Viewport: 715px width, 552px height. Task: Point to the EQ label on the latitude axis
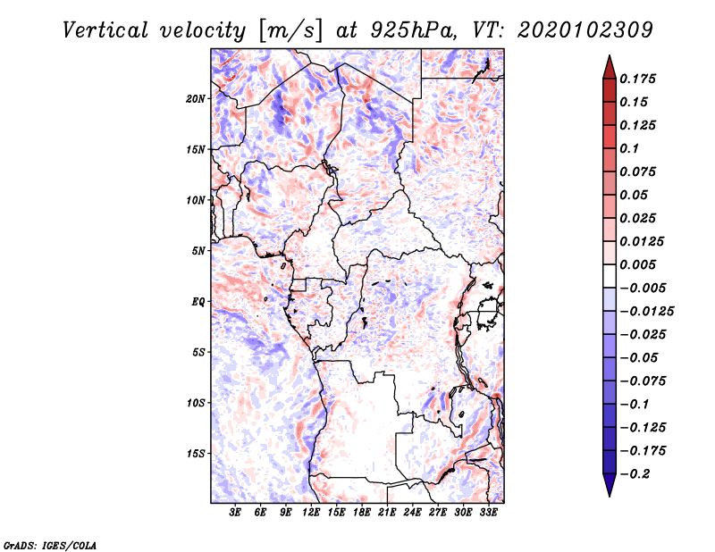[x=198, y=302]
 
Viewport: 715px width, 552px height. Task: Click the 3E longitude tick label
[x=236, y=513]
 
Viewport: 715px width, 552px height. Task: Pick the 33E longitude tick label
[x=488, y=513]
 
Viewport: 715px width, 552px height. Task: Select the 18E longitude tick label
[x=362, y=513]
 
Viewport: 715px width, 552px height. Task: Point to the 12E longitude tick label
[x=312, y=513]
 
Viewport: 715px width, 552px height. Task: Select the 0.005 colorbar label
[x=641, y=264]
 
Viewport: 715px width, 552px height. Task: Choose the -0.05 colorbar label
[x=641, y=357]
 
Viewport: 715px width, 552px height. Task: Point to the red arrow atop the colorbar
[x=609, y=66]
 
